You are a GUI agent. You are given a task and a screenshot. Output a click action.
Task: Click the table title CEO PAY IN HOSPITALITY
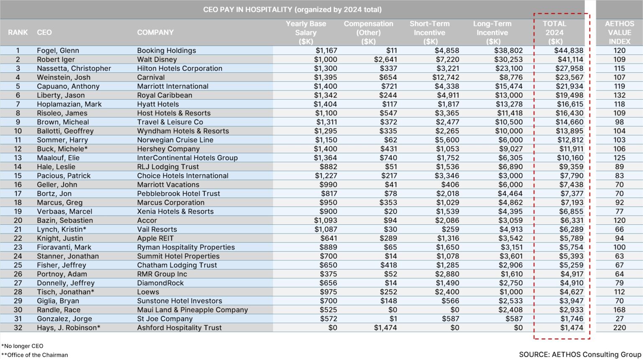coord(292,9)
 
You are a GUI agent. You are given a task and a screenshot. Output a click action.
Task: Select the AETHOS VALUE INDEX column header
coord(619,33)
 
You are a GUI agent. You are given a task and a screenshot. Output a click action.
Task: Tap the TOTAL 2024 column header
coord(555,33)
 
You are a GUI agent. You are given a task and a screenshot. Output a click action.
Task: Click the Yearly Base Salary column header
coord(306,33)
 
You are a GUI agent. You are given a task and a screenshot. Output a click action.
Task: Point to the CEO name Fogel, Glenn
coord(58,51)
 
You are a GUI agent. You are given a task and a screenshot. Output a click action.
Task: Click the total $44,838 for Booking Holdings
coord(568,51)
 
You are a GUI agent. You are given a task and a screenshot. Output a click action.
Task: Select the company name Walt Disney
coord(157,59)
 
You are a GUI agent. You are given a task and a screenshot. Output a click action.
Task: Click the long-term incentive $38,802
coord(508,51)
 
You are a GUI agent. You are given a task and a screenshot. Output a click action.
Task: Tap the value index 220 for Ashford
coord(619,328)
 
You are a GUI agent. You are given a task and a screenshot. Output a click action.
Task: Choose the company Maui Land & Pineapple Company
coord(192,310)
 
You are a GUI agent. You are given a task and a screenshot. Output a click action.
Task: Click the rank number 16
coord(18,185)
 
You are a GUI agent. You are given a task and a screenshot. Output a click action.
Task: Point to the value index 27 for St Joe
coord(619,319)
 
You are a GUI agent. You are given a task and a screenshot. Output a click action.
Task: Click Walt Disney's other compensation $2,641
coord(385,59)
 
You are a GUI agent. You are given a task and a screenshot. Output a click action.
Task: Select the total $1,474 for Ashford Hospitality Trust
coord(571,328)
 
